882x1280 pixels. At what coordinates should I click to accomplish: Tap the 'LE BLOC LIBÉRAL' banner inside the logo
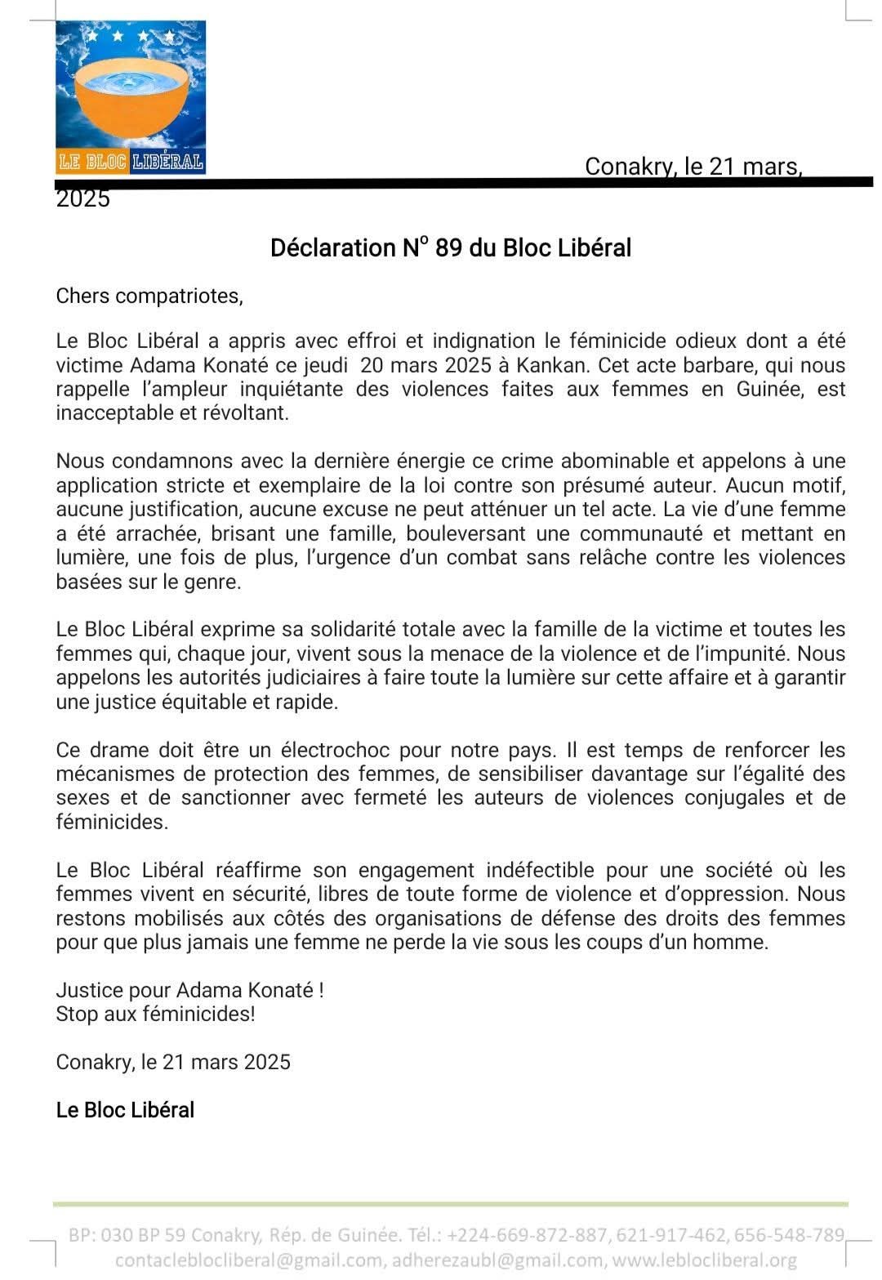click(x=131, y=162)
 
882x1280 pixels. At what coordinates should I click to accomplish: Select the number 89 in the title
click(x=448, y=248)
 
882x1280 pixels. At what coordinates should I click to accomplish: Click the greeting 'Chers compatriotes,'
click(x=149, y=296)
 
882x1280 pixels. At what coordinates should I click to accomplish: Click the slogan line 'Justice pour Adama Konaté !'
click(x=189, y=990)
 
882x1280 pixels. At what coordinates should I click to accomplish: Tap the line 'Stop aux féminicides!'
click(x=155, y=1015)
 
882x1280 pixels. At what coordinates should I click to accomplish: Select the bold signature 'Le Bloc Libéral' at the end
click(x=125, y=1110)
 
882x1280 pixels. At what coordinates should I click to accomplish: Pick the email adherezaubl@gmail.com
click(x=498, y=1260)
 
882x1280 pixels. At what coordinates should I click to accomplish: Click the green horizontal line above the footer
click(x=450, y=1204)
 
